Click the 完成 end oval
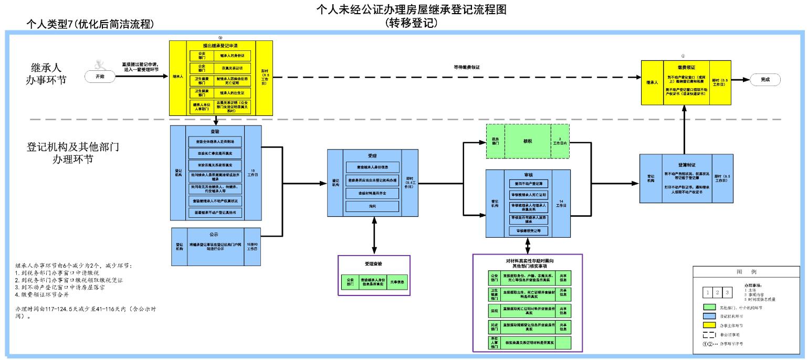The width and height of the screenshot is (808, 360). pyautogui.click(x=764, y=80)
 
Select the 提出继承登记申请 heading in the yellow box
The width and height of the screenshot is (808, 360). pyautogui.click(x=220, y=45)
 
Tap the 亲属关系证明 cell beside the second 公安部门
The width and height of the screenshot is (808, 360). pyautogui.click(x=232, y=68)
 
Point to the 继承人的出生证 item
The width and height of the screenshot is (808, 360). pyautogui.click(x=232, y=93)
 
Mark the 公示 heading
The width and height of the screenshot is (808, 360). pyautogui.click(x=214, y=234)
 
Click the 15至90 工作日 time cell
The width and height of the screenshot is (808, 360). pyautogui.click(x=253, y=246)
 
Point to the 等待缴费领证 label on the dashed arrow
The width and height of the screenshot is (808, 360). pyautogui.click(x=467, y=67)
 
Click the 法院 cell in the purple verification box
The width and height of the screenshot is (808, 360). pyautogui.click(x=494, y=311)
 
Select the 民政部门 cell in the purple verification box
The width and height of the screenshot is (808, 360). pyautogui.click(x=494, y=326)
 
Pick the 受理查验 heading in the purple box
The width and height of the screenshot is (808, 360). pyautogui.click(x=373, y=263)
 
